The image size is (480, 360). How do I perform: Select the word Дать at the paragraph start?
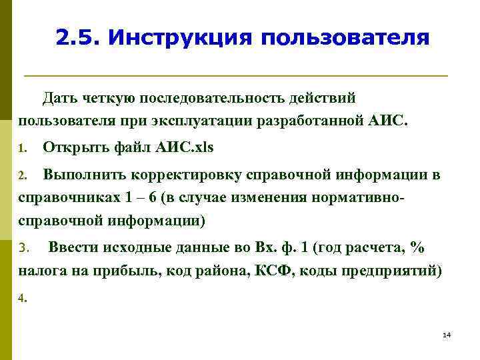click(x=61, y=98)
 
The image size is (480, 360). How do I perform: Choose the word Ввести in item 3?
click(x=73, y=247)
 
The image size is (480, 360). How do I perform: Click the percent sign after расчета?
click(x=418, y=247)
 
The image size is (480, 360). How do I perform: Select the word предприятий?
click(x=400, y=271)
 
